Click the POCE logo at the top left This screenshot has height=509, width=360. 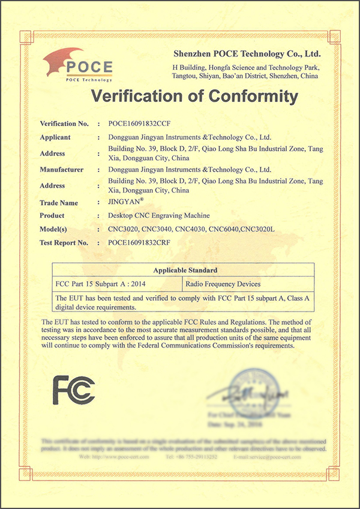click(77, 65)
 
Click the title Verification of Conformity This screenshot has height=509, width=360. click(194, 97)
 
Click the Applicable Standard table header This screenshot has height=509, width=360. click(185, 270)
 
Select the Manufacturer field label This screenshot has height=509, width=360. click(62, 170)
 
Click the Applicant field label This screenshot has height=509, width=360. click(55, 137)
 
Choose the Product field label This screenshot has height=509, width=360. click(52, 215)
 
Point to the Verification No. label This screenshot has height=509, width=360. click(64, 124)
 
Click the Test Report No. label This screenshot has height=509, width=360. click(64, 242)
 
